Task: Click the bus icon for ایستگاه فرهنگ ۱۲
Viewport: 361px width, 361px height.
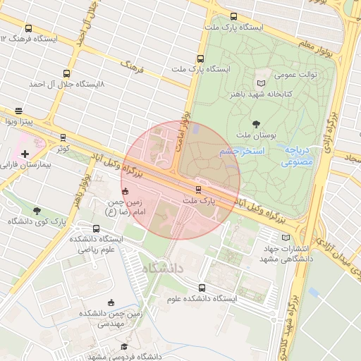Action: tap(28, 29)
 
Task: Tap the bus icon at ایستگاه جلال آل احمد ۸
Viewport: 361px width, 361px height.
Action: tap(67, 73)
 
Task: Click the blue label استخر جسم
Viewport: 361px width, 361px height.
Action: tap(241, 152)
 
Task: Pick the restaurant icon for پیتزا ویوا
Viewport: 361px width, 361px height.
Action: tap(18, 111)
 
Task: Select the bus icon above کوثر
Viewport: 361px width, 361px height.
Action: tap(63, 137)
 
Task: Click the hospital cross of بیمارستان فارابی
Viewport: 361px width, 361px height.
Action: tap(25, 153)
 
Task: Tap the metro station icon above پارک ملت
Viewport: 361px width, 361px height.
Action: tap(198, 189)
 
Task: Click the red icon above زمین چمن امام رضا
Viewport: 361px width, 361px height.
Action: tap(126, 190)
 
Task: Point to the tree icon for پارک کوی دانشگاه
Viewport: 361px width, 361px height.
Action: tap(37, 210)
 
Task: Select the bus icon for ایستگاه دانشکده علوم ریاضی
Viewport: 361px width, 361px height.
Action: tap(96, 228)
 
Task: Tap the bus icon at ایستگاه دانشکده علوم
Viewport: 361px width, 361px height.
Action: tap(202, 288)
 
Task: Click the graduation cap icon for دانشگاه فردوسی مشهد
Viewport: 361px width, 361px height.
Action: tap(124, 347)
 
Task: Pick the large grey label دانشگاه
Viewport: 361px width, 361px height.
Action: tap(162, 269)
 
